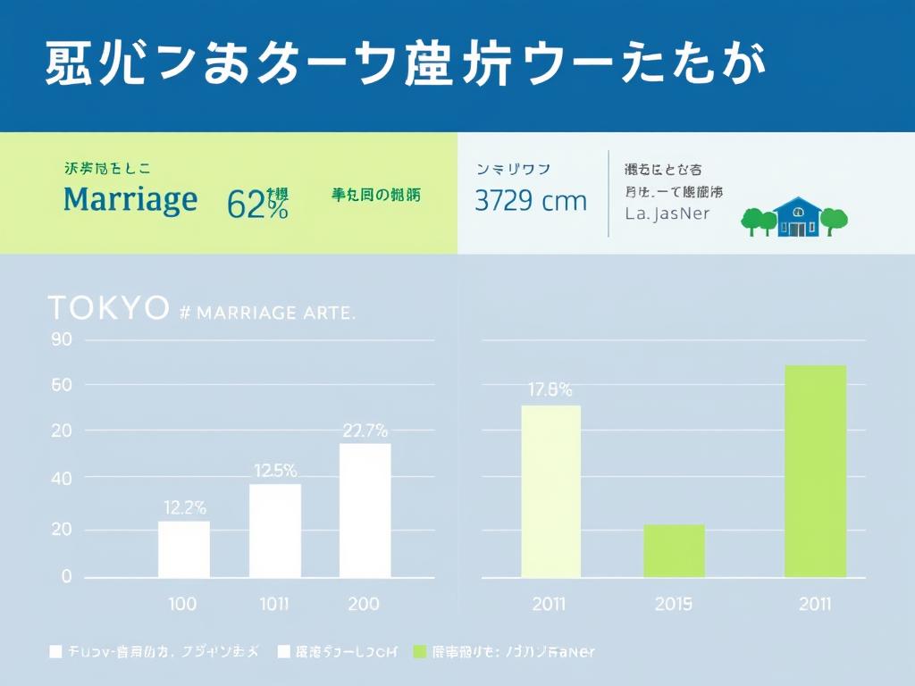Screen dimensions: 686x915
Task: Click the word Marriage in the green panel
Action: [130, 199]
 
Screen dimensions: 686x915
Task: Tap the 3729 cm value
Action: [531, 201]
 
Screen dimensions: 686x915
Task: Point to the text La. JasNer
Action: [668, 213]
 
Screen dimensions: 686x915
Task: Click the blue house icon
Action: [795, 217]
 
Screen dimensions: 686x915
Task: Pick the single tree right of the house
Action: [833, 219]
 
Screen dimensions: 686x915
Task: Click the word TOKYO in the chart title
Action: [107, 308]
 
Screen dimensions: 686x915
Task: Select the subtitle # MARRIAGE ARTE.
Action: [268, 313]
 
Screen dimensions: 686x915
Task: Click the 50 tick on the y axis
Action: [61, 385]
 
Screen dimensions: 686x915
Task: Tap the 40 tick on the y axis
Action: [61, 478]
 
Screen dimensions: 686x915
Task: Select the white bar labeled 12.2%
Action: [184, 548]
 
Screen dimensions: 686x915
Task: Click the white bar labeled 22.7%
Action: [365, 510]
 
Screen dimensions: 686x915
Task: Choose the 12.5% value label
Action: [275, 471]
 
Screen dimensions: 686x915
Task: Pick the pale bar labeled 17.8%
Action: [550, 491]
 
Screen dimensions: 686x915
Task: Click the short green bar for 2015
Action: [674, 550]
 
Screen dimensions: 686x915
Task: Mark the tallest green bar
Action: [815, 471]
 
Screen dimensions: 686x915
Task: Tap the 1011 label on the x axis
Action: [273, 603]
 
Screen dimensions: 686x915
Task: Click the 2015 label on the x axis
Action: [674, 604]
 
